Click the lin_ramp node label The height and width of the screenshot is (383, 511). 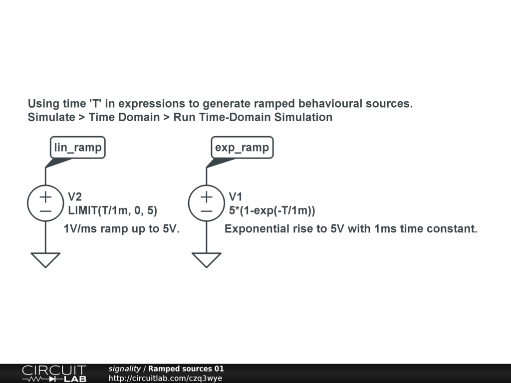coord(78,148)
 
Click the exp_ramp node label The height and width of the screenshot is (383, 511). coord(242,148)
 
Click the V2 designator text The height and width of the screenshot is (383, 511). coord(75,196)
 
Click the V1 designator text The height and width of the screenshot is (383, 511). coord(236,196)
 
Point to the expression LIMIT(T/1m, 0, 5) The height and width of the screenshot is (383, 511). coord(112,210)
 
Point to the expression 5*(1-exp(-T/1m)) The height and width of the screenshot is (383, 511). coord(272,210)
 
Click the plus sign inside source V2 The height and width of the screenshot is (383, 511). coord(45,197)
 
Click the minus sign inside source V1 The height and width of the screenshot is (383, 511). coord(207,211)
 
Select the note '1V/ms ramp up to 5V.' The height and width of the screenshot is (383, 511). coord(122,228)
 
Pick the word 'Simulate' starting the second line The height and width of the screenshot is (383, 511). coord(51,117)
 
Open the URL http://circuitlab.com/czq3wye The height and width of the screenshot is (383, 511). coord(165,378)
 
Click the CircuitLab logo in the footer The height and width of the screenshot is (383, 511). coord(54,374)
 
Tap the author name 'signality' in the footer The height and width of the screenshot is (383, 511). coord(124,369)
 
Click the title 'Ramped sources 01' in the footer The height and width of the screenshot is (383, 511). coord(186,369)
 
